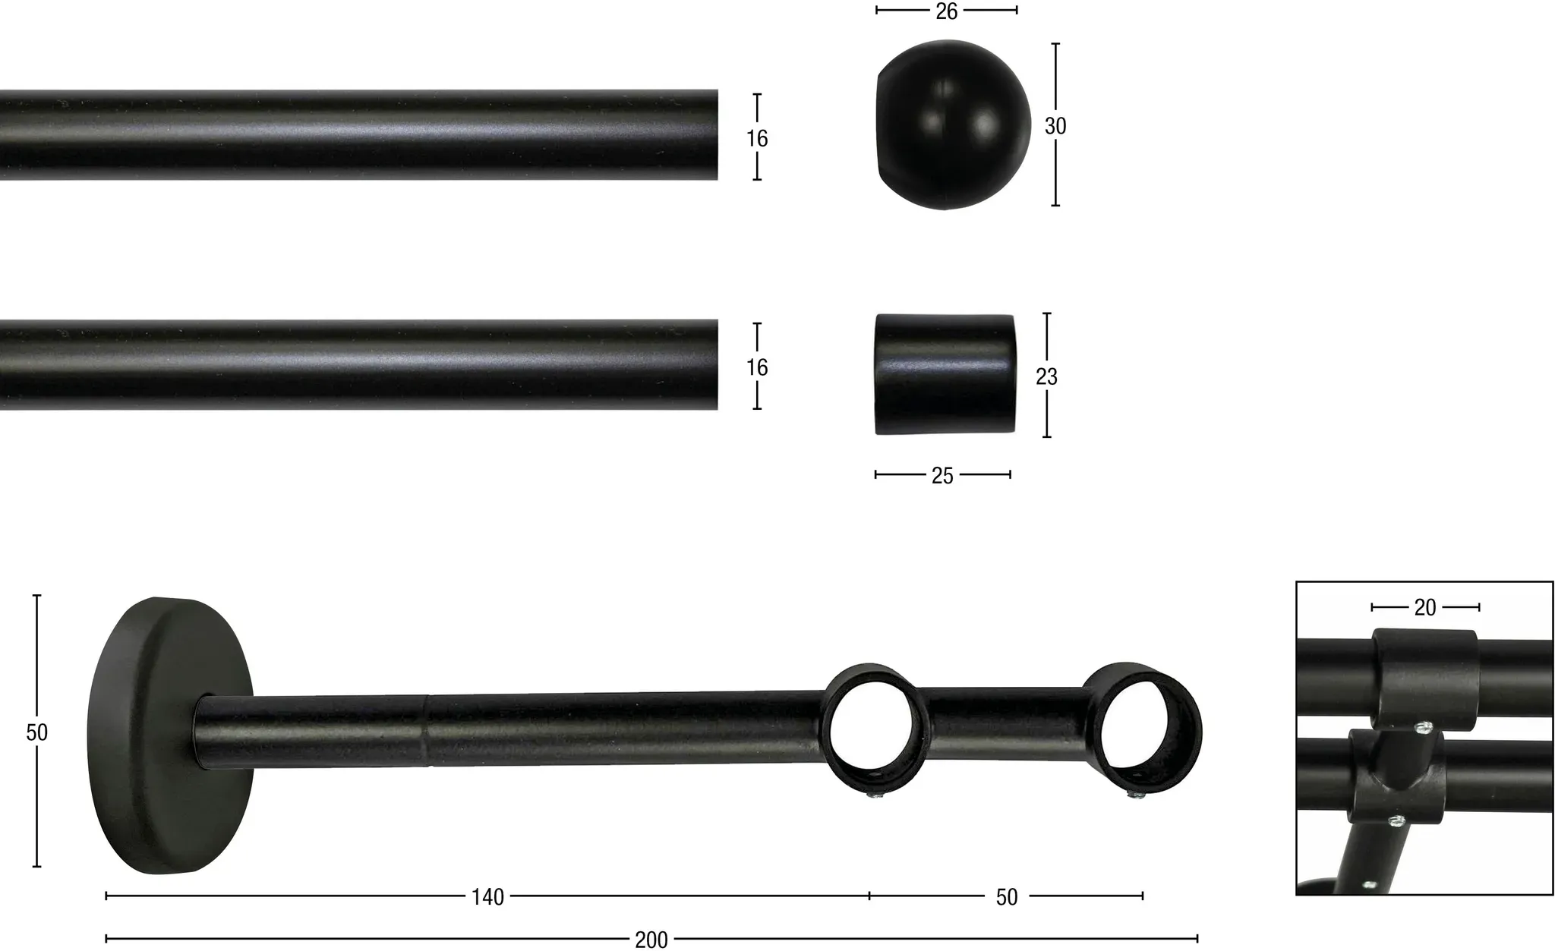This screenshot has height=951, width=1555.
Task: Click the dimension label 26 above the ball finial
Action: click(946, 11)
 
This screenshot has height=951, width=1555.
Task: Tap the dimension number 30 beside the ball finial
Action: click(1055, 126)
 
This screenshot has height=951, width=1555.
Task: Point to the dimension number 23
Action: click(1046, 376)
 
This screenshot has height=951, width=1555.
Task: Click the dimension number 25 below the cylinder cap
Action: click(942, 476)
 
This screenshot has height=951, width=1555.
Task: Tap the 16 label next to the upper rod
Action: click(757, 139)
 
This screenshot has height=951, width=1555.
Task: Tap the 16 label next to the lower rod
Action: click(757, 367)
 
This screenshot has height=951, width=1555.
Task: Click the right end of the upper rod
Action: click(718, 135)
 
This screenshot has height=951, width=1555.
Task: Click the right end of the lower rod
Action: click(718, 364)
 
